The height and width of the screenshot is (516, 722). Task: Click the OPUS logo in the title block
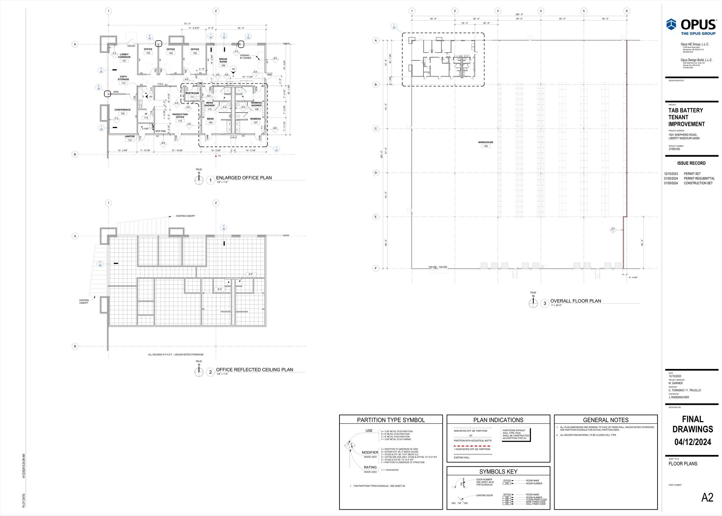(691, 26)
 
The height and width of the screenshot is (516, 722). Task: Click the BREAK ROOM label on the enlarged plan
(223, 60)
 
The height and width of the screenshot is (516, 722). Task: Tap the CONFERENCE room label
(122, 110)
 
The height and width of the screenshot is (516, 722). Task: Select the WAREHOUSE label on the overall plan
(485, 142)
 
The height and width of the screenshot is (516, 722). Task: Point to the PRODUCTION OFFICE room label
(180, 116)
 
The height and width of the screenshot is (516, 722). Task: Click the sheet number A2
(707, 498)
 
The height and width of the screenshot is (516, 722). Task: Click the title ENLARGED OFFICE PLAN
(244, 178)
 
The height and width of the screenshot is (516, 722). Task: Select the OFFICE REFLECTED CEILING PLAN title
(254, 370)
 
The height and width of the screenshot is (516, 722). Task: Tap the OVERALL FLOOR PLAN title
(575, 301)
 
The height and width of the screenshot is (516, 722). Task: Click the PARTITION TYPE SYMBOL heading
(391, 420)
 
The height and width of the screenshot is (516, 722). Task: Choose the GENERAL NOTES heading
(605, 420)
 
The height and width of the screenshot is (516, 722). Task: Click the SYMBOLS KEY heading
(498, 472)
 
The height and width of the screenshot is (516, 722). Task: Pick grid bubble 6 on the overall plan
(626, 11)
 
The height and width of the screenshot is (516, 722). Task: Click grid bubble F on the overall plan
(376, 268)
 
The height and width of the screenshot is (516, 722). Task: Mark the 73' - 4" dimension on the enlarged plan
(187, 24)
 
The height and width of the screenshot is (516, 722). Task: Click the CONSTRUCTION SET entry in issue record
(698, 183)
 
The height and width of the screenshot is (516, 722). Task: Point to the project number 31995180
(674, 149)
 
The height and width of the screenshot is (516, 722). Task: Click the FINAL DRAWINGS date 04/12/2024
(692, 442)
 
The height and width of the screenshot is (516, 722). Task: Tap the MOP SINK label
(161, 131)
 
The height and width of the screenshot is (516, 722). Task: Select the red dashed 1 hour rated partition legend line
(472, 446)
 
